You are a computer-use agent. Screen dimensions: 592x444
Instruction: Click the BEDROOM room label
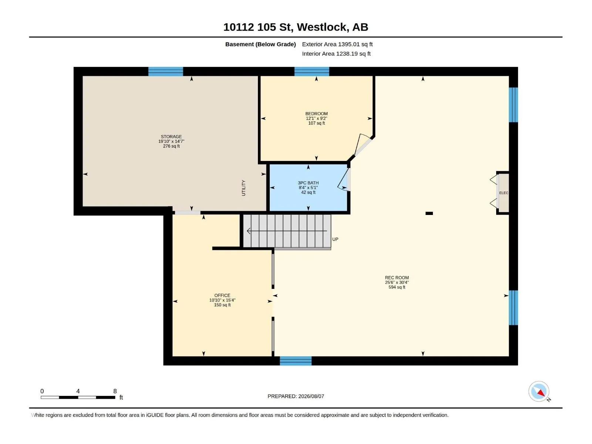[316, 114]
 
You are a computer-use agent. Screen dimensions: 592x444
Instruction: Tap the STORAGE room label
[171, 137]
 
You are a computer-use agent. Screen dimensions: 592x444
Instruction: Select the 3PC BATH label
[308, 183]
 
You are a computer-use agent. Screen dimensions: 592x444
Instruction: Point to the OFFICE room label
[222, 296]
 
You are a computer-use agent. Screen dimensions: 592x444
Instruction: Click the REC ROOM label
[397, 277]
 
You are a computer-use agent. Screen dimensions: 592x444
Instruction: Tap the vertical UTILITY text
[243, 188]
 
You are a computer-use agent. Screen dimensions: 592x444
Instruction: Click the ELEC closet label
[504, 193]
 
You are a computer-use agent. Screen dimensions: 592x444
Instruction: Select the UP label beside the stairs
[335, 239]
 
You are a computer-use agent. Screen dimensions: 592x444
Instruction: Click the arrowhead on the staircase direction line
[249, 231]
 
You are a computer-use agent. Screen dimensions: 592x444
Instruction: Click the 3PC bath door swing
[344, 180]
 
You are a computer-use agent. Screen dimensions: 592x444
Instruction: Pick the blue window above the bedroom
[312, 71]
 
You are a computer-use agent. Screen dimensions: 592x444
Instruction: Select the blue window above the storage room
[166, 71]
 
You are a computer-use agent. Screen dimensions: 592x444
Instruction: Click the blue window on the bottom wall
[296, 361]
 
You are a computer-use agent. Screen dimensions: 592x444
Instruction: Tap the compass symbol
[539, 391]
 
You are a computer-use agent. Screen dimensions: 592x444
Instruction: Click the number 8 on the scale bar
[115, 391]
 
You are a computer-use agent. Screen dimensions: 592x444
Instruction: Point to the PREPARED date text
[296, 396]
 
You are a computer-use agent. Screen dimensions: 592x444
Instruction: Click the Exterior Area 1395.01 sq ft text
[337, 44]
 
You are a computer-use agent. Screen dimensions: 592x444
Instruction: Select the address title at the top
[296, 27]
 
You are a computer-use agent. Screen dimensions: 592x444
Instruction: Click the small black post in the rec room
[429, 213]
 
